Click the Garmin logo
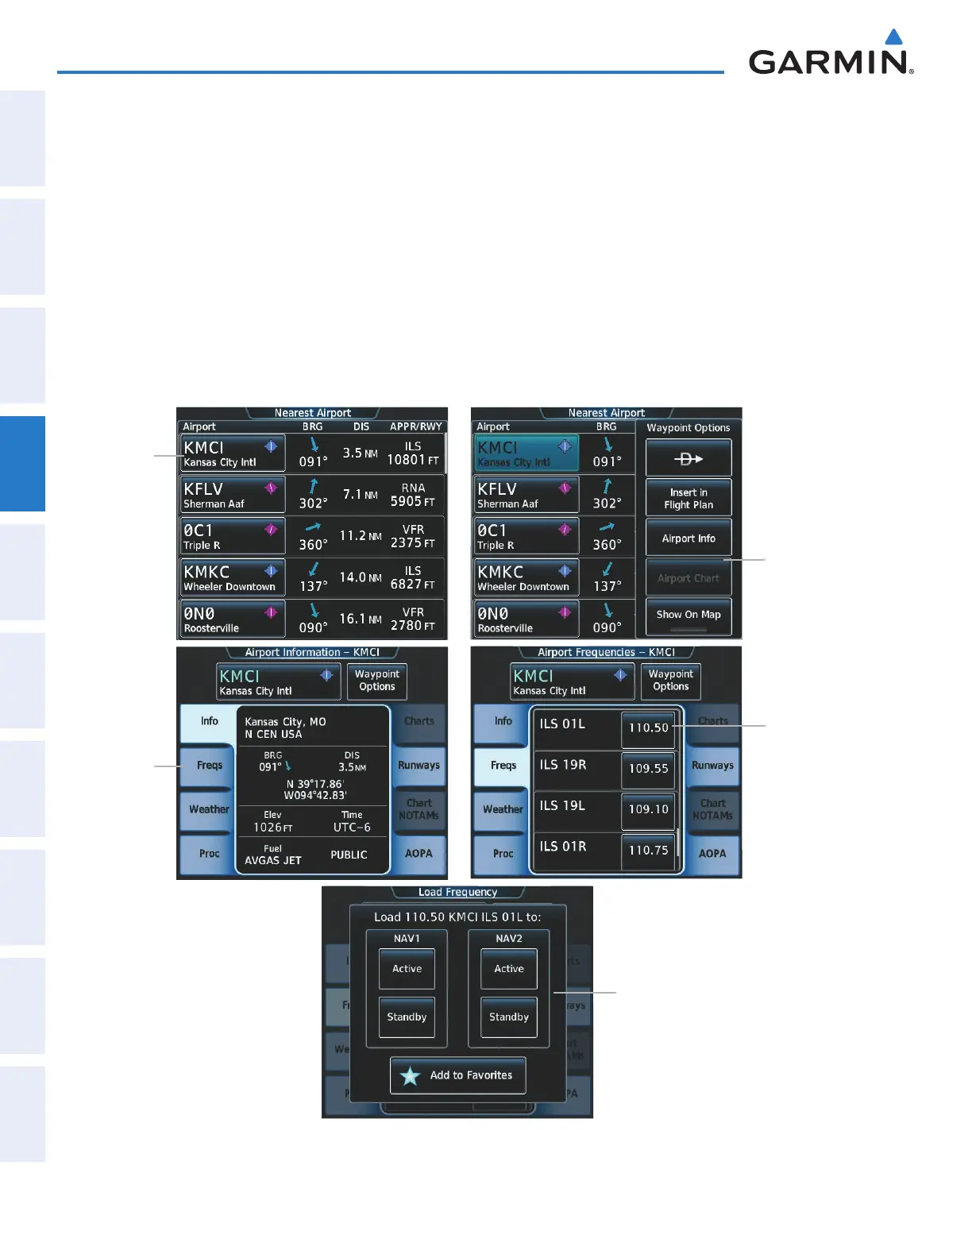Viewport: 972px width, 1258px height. point(831,56)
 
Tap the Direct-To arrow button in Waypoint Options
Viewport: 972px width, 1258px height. point(688,458)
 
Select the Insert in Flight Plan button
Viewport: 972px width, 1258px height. point(688,498)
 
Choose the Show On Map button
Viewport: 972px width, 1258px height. point(688,615)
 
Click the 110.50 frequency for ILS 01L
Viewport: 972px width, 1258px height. point(648,727)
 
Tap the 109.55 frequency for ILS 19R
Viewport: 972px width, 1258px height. point(648,769)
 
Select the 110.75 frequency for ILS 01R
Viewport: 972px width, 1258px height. point(648,850)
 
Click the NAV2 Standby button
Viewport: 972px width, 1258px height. point(509,1017)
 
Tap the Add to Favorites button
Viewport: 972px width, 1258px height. point(458,1075)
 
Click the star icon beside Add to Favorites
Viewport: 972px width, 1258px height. point(410,1076)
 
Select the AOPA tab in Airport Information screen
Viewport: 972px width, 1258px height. point(418,854)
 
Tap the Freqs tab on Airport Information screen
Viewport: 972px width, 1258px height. point(209,766)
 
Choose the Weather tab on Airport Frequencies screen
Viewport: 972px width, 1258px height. point(503,809)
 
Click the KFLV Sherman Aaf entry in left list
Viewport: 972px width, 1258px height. point(233,495)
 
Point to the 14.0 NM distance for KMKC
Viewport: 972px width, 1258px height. point(360,577)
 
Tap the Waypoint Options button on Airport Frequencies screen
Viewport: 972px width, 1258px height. point(671,681)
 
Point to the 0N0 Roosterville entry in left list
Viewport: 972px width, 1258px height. point(233,619)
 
